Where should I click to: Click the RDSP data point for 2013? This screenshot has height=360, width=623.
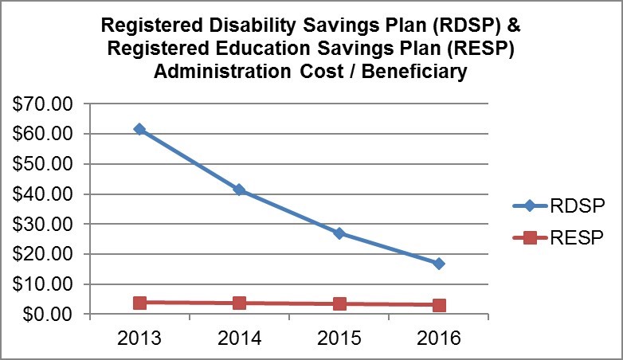click(139, 129)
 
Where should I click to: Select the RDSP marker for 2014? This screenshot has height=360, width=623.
click(239, 190)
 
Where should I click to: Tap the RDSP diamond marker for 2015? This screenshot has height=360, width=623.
click(339, 233)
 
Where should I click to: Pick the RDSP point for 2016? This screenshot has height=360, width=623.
click(438, 264)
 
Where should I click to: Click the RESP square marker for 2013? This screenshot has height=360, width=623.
click(139, 303)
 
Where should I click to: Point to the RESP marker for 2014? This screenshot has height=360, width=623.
click(239, 303)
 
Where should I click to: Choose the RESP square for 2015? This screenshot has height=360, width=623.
click(339, 304)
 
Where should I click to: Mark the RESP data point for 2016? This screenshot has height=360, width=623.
click(438, 305)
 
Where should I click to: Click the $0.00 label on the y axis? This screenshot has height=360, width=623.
click(49, 314)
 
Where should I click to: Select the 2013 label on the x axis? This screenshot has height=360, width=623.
click(139, 338)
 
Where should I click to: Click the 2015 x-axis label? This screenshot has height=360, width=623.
click(339, 338)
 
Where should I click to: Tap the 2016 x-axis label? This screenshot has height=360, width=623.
click(438, 338)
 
